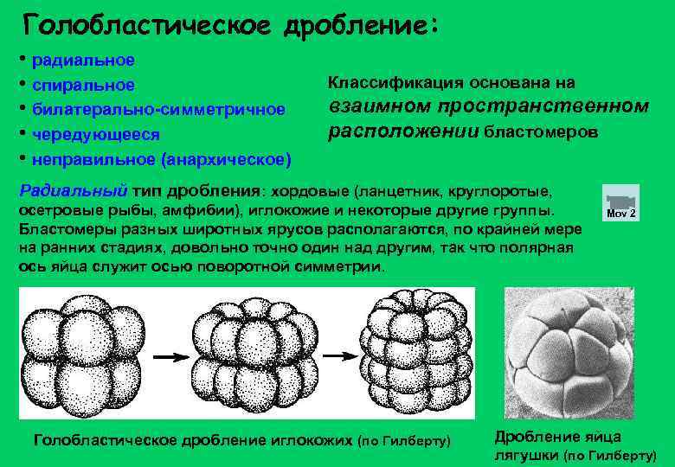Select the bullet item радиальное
pos(82,61)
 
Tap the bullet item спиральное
pos(82,86)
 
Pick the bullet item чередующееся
pos(89,134)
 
